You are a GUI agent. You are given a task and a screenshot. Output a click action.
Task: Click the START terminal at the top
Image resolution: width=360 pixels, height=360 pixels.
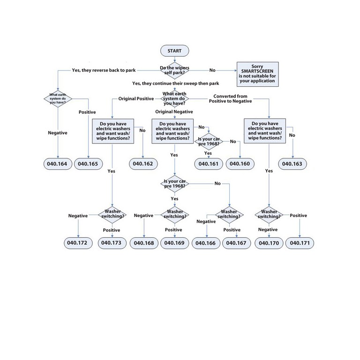point(174,50)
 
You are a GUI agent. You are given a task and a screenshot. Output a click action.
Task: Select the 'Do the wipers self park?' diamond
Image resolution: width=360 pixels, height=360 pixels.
point(175,70)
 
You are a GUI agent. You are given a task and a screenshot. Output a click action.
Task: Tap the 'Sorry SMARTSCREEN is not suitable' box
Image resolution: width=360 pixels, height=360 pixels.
point(257,74)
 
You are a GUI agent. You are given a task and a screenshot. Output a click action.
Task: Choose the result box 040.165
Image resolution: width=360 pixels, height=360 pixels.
point(88,164)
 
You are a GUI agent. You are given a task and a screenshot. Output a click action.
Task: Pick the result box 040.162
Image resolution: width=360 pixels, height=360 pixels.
point(143,164)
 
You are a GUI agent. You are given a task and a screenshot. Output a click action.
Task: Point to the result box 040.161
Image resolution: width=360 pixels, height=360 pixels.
point(209,164)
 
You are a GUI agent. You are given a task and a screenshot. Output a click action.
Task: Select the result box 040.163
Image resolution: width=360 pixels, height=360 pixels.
point(293,164)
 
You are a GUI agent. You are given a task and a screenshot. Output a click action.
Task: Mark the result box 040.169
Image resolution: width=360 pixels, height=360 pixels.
point(175,243)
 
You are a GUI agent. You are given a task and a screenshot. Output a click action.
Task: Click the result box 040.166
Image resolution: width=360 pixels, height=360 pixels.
point(205,243)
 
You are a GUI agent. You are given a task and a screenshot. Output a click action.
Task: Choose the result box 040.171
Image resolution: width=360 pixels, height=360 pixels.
point(300,243)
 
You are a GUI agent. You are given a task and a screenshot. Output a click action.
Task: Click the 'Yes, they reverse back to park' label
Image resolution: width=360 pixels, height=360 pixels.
point(104,70)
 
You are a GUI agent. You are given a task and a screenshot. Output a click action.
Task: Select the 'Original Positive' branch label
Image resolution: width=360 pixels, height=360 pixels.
point(135,99)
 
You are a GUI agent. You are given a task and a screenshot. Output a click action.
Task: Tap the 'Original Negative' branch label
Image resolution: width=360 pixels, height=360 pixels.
point(174,112)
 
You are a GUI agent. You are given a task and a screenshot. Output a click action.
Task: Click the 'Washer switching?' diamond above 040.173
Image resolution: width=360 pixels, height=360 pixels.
point(112,214)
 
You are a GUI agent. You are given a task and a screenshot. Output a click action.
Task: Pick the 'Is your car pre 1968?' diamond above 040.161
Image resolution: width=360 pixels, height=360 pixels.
point(209,142)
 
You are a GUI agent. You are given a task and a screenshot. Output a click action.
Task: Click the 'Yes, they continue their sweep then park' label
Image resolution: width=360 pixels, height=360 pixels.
point(175,83)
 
